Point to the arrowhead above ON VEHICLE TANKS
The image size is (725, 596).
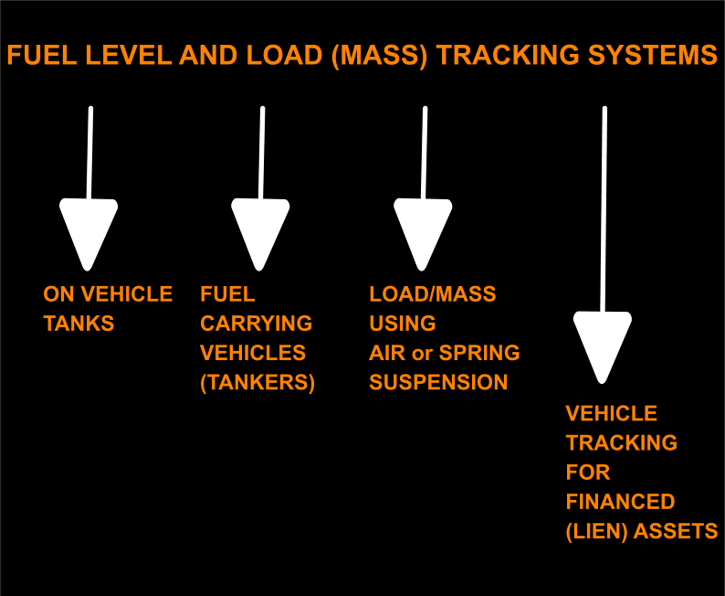(89, 231)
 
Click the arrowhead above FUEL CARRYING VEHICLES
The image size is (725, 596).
(260, 231)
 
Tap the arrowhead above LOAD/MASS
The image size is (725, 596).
(423, 231)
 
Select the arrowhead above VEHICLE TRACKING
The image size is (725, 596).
(602, 344)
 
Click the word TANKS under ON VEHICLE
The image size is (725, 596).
(79, 324)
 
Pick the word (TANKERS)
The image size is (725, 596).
(257, 382)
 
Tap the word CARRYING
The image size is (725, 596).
(256, 324)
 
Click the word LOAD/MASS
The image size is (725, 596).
(433, 294)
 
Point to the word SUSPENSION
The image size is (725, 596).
(438, 382)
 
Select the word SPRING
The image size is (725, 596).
(479, 353)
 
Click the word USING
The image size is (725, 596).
(403, 324)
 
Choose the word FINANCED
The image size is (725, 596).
(620, 502)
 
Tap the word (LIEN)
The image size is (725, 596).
(596, 531)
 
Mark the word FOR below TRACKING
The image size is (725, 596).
(588, 473)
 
